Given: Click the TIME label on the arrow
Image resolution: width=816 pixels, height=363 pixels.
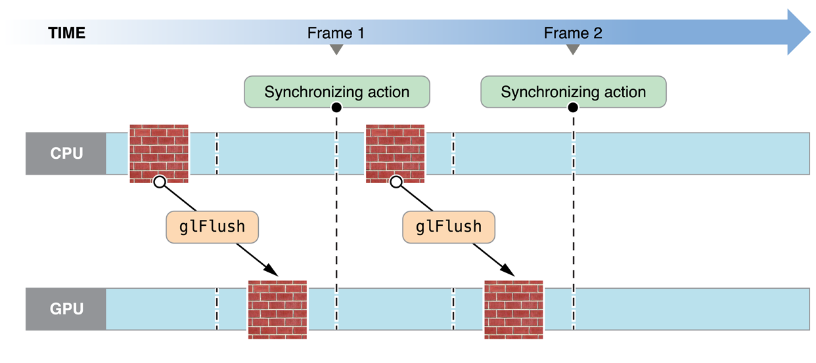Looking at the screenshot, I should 67,33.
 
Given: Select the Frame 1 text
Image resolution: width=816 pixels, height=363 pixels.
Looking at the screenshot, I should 336,33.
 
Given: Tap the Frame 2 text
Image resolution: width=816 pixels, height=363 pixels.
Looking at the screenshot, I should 573,33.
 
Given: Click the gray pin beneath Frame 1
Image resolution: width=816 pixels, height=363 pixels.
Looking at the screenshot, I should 336,54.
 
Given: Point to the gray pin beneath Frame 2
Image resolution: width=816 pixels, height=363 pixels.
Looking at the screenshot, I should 573,54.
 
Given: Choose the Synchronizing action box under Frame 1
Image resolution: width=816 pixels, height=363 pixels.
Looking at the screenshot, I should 336,92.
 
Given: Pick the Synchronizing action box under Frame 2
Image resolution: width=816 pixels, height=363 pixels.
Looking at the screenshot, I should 573,92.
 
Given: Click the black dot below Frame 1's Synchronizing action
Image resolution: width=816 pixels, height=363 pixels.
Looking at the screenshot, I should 336,107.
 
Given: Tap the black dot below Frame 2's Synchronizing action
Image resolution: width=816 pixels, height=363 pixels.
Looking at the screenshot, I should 573,107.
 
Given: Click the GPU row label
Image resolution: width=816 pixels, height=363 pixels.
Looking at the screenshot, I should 67,309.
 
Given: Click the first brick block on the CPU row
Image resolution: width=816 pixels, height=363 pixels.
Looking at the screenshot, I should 159,153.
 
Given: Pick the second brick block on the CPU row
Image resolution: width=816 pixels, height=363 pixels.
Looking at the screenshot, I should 395,153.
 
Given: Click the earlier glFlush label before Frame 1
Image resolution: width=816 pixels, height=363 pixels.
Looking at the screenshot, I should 212,227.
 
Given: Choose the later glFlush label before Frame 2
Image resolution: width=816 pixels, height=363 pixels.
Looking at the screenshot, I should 449,227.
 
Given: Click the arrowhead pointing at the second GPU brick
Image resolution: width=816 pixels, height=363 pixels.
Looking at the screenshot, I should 510,270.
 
